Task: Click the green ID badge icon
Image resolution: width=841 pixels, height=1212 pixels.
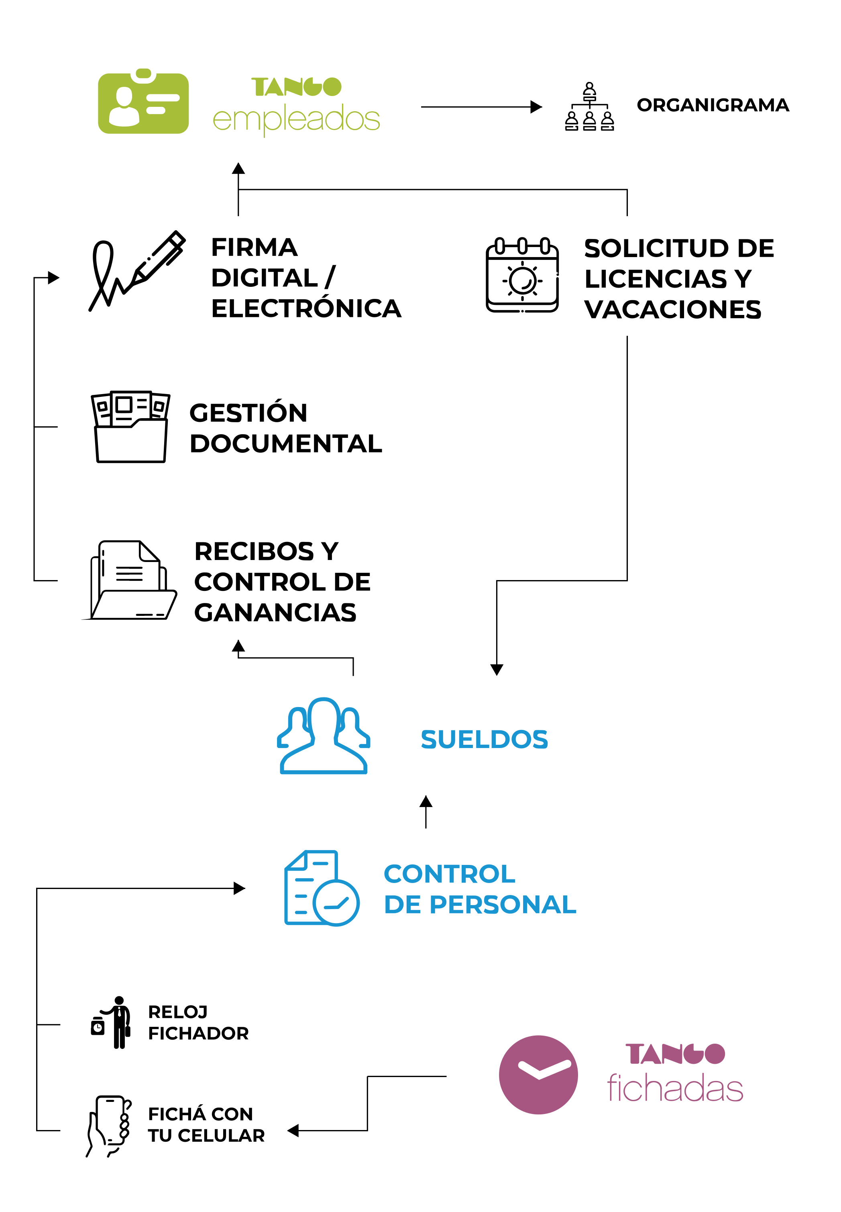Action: pyautogui.click(x=143, y=101)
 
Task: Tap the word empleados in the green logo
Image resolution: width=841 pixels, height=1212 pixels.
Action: pyautogui.click(x=296, y=119)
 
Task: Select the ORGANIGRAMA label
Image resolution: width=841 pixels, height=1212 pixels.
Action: pyautogui.click(x=713, y=105)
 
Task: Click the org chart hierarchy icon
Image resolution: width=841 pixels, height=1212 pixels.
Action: pyautogui.click(x=590, y=106)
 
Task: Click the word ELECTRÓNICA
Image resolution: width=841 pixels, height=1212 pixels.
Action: pyautogui.click(x=306, y=309)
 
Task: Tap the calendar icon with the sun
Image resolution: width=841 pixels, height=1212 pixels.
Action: pyautogui.click(x=522, y=275)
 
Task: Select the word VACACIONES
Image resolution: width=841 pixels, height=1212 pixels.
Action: pyautogui.click(x=673, y=309)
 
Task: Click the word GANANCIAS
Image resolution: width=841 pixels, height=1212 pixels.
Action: pyautogui.click(x=275, y=613)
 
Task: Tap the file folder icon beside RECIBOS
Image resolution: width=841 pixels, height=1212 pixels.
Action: pyautogui.click(x=130, y=580)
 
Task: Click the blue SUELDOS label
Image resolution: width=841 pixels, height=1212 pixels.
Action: pyautogui.click(x=484, y=739)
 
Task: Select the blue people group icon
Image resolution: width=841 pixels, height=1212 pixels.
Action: pyautogui.click(x=324, y=736)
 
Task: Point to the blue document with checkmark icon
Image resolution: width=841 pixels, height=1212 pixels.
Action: pyautogui.click(x=322, y=888)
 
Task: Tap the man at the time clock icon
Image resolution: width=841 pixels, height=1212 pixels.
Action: pyautogui.click(x=111, y=1023)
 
